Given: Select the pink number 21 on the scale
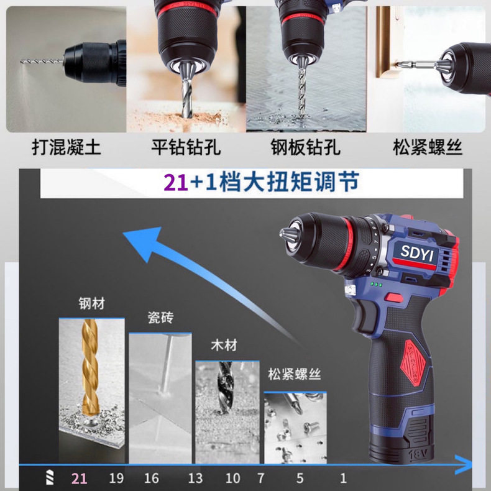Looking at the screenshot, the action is click(79, 479).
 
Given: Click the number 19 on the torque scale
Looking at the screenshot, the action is click(116, 478).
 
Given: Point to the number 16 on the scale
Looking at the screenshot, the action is click(152, 478).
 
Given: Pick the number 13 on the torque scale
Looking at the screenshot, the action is click(195, 478).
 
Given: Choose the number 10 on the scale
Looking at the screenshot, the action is click(232, 478).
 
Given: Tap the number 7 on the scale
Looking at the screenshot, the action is click(261, 478).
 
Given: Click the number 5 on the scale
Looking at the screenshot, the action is click(300, 478).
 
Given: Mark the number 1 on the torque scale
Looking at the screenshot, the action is click(344, 478).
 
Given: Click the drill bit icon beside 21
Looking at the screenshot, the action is click(50, 477).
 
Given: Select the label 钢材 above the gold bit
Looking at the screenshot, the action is click(91, 303).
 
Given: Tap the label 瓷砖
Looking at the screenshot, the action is click(160, 318).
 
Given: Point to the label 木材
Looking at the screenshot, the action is click(224, 346).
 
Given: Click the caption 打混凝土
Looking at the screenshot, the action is click(67, 147).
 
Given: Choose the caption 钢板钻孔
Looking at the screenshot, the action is click(306, 147).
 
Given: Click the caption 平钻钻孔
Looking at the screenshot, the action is click(186, 147).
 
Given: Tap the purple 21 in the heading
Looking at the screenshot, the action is click(176, 183).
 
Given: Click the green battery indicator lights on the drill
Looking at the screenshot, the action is click(376, 285).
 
